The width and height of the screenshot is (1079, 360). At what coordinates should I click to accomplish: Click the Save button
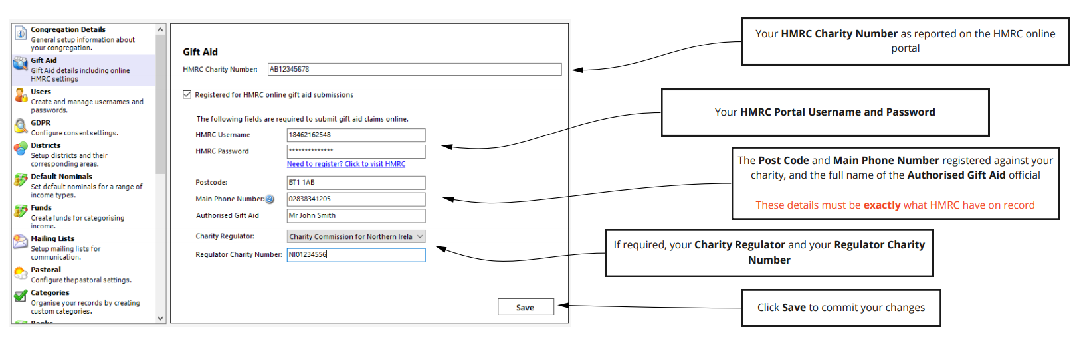(526, 307)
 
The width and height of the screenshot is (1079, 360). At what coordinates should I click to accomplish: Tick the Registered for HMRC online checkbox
(187, 95)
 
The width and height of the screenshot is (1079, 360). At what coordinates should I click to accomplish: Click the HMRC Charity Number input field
(415, 69)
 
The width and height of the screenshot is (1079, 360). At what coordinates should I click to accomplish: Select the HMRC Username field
(356, 135)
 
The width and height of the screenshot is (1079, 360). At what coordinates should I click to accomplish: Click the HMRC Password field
(356, 151)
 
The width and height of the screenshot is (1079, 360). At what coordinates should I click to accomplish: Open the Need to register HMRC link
(346, 164)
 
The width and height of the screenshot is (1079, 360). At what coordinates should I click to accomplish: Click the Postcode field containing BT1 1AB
(356, 183)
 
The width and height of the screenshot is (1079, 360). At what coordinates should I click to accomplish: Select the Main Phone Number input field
(356, 199)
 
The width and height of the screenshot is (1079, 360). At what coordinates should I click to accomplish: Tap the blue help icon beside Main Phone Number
(270, 199)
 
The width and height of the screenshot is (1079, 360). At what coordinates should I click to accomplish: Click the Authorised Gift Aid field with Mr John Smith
(356, 216)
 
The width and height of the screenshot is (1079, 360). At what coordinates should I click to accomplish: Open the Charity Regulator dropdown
(356, 237)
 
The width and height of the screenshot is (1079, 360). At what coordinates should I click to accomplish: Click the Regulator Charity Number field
(356, 255)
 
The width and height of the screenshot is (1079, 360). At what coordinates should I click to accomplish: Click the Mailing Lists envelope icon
(21, 242)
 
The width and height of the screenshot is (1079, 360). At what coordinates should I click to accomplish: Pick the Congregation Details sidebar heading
(68, 29)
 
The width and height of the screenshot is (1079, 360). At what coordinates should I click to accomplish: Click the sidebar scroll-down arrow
(160, 318)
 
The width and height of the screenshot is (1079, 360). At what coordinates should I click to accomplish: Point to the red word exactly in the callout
(882, 205)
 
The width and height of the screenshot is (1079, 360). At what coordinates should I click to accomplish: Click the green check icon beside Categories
(21, 296)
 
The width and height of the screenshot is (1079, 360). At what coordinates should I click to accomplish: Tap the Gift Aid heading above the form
(201, 52)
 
